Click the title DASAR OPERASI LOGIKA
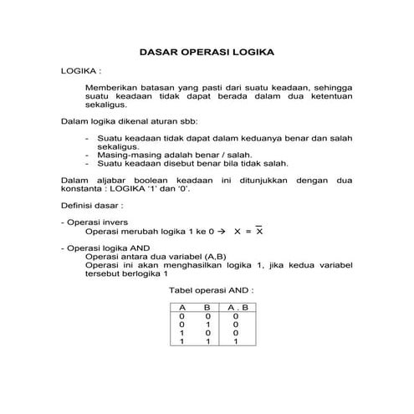click(x=207, y=52)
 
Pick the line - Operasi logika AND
click(x=105, y=248)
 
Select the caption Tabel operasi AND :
click(x=211, y=290)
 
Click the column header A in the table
click(x=181, y=308)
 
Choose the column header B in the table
click(x=207, y=308)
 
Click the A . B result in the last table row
click(x=236, y=341)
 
